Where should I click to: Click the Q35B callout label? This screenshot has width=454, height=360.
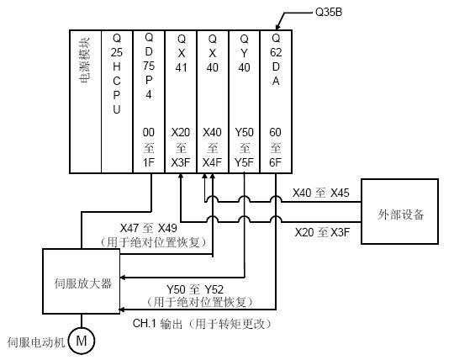click(329, 12)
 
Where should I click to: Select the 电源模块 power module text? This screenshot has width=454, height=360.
click(85, 61)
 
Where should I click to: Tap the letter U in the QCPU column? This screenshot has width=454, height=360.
click(116, 109)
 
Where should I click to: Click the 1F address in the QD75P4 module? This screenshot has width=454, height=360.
click(148, 162)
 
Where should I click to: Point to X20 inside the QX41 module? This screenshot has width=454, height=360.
click(181, 133)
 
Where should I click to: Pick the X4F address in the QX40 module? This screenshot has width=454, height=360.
click(212, 162)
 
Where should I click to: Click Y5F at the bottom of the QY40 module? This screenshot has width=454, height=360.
click(244, 162)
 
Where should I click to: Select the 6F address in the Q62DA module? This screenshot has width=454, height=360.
click(275, 162)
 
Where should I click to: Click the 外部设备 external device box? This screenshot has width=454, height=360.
click(399, 211)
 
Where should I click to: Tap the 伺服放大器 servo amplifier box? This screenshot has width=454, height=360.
click(82, 281)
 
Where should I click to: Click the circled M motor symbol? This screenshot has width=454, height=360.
click(82, 341)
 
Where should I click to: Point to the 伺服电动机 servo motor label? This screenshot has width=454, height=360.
click(36, 342)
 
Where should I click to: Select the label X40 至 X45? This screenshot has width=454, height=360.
click(321, 193)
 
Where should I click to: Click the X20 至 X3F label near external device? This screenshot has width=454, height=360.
click(322, 232)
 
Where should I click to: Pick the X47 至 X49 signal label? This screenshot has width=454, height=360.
click(148, 228)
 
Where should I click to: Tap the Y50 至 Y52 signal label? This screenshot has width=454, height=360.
click(195, 289)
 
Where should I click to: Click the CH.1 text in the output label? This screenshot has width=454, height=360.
click(145, 323)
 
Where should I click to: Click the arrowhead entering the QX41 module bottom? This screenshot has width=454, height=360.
click(181, 176)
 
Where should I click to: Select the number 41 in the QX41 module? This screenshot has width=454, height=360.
click(181, 67)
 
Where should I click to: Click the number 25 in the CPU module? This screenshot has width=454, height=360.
click(116, 52)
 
